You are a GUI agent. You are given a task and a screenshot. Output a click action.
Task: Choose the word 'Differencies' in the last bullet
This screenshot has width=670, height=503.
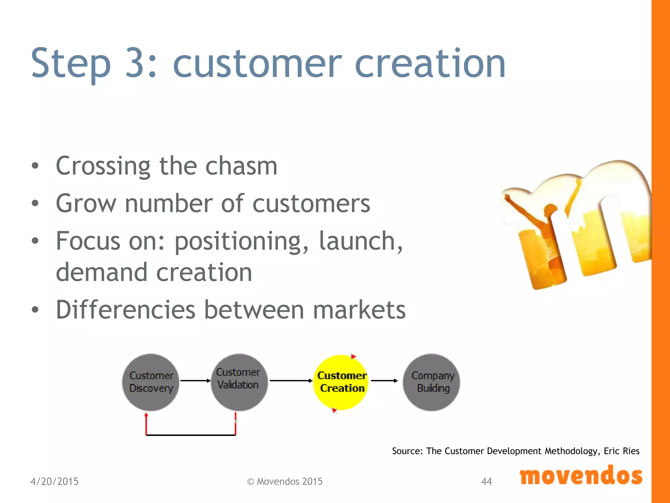pyautogui.click(x=126, y=309)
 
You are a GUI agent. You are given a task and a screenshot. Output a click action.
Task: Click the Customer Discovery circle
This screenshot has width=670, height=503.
pyautogui.click(x=151, y=382)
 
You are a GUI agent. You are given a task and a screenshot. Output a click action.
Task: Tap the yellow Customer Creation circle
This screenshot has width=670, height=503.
pyautogui.click(x=342, y=382)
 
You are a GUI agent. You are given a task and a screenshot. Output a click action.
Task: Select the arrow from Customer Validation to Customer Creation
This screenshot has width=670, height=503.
pyautogui.click(x=291, y=381)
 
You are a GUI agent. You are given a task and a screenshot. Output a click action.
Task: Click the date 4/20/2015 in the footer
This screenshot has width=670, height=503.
pyautogui.click(x=54, y=481)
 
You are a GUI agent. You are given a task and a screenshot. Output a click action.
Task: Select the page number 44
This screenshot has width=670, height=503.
pyautogui.click(x=486, y=481)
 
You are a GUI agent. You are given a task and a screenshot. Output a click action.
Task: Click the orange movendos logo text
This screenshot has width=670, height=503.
pyautogui.click(x=581, y=476)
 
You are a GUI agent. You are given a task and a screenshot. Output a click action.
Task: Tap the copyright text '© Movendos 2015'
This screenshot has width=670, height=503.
pyautogui.click(x=285, y=481)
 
